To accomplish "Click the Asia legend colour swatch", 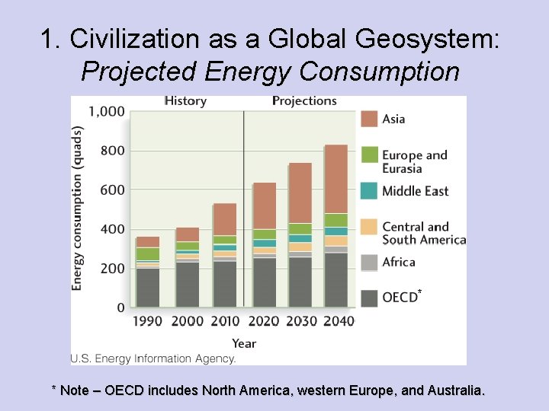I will click(369, 119).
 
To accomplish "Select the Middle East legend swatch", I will click(369, 191).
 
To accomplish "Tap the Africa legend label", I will click(399, 262).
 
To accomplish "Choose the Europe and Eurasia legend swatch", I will click(369, 155).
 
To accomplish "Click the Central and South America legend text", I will click(423, 233).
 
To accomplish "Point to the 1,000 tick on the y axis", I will click(107, 111).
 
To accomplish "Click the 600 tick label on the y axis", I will click(111, 190).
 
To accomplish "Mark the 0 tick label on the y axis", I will click(120, 307).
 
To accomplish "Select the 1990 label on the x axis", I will click(147, 321).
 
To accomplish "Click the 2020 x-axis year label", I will click(264, 321).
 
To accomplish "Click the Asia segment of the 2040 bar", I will click(335, 179).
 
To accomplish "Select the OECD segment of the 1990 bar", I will click(147, 287).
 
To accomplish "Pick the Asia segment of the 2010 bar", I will click(224, 219).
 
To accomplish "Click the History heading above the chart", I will click(185, 100).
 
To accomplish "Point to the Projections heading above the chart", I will click(304, 100).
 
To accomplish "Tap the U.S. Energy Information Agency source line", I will click(153, 358).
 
